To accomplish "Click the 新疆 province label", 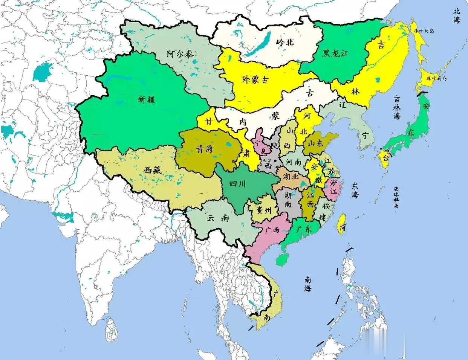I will pos(146,99).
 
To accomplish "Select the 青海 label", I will pos(205,149).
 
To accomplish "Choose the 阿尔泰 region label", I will pos(181,54).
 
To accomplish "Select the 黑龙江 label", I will pos(335,53).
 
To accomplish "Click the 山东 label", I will pos(315,143).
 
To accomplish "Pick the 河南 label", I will pos(294,162).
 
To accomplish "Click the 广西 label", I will pos(272,229).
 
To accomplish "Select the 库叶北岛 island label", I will pos(424,31).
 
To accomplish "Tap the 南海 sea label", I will pos(308,284).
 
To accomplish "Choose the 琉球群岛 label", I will pos(396,197).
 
